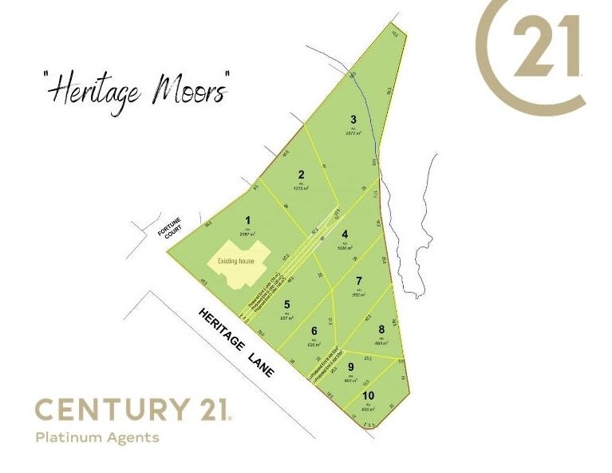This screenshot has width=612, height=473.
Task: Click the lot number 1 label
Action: pyautogui.click(x=248, y=221)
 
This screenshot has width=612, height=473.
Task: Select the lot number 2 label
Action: pyautogui.click(x=301, y=175)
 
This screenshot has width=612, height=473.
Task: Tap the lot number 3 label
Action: pyautogui.click(x=353, y=120)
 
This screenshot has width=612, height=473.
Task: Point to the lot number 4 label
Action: pyautogui.click(x=345, y=235)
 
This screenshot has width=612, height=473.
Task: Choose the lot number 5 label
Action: pyautogui.click(x=286, y=304)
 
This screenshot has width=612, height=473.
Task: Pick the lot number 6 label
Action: pyautogui.click(x=314, y=331)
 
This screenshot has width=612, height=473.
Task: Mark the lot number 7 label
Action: pyautogui.click(x=359, y=281)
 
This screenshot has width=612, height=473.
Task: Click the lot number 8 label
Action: pyautogui.click(x=381, y=329)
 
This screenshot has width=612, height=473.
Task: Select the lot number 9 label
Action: pyautogui.click(x=350, y=367)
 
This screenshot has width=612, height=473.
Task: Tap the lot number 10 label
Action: pyautogui.click(x=368, y=396)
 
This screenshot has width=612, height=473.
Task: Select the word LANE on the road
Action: pyautogui.click(x=265, y=369)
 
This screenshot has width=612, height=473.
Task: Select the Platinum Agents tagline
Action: pyautogui.click(x=97, y=437)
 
